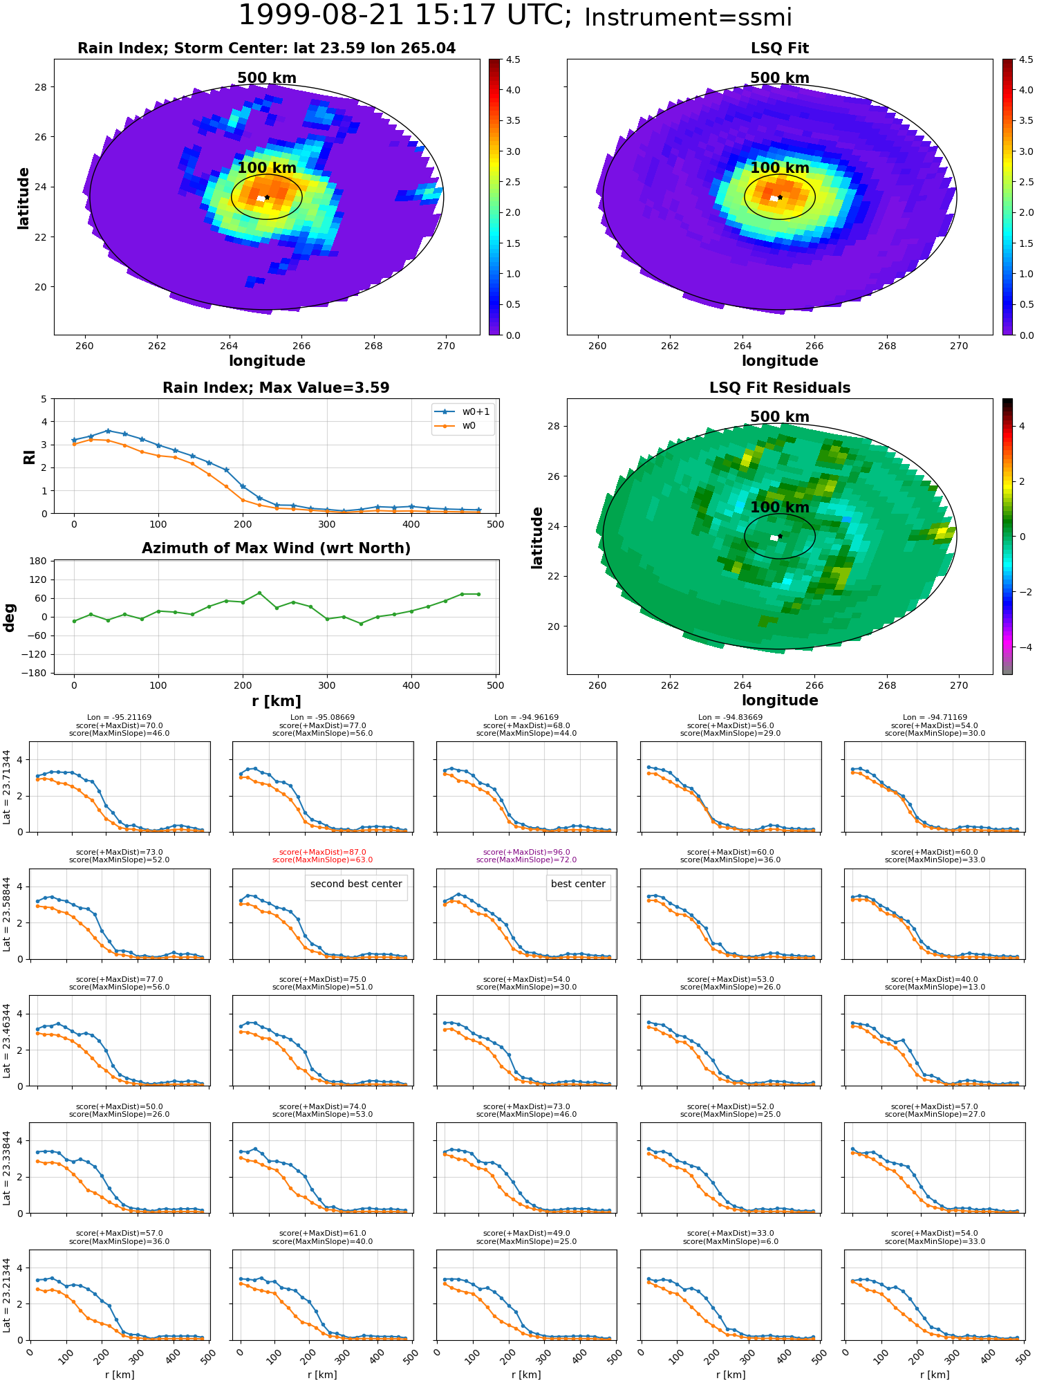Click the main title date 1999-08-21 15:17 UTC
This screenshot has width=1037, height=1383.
pyautogui.click(x=404, y=16)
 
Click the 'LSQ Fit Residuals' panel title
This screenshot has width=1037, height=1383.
pyautogui.click(x=779, y=388)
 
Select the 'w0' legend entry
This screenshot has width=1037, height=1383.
pyautogui.click(x=469, y=426)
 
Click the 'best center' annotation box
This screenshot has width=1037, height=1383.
pyautogui.click(x=578, y=884)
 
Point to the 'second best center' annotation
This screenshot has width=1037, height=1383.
pyautogui.click(x=356, y=884)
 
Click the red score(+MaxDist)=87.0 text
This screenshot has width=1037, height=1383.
pyautogui.click(x=322, y=853)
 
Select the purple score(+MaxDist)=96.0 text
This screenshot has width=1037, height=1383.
pyautogui.click(x=526, y=853)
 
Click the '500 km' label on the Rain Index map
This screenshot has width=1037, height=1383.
pyautogui.click(x=267, y=78)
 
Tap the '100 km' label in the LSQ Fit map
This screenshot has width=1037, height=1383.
pyautogui.click(x=779, y=168)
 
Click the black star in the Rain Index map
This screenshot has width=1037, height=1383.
pyautogui.click(x=267, y=197)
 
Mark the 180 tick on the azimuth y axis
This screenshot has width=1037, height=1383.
pyautogui.click(x=39, y=561)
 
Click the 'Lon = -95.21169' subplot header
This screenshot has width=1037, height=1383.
pyautogui.click(x=119, y=718)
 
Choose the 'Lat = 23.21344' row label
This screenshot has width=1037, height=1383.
pyautogui.click(x=7, y=1294)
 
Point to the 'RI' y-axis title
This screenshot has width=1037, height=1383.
pyautogui.click(x=29, y=457)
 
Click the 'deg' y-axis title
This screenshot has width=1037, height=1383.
pyautogui.click(x=10, y=617)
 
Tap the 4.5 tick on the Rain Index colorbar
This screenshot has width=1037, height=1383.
pyautogui.click(x=513, y=60)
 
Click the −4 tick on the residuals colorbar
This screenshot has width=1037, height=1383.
pyautogui.click(x=1021, y=647)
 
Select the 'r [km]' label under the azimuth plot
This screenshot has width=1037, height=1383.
pyautogui.click(x=276, y=701)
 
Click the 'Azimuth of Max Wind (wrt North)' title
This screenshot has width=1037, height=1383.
pyautogui.click(x=276, y=548)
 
